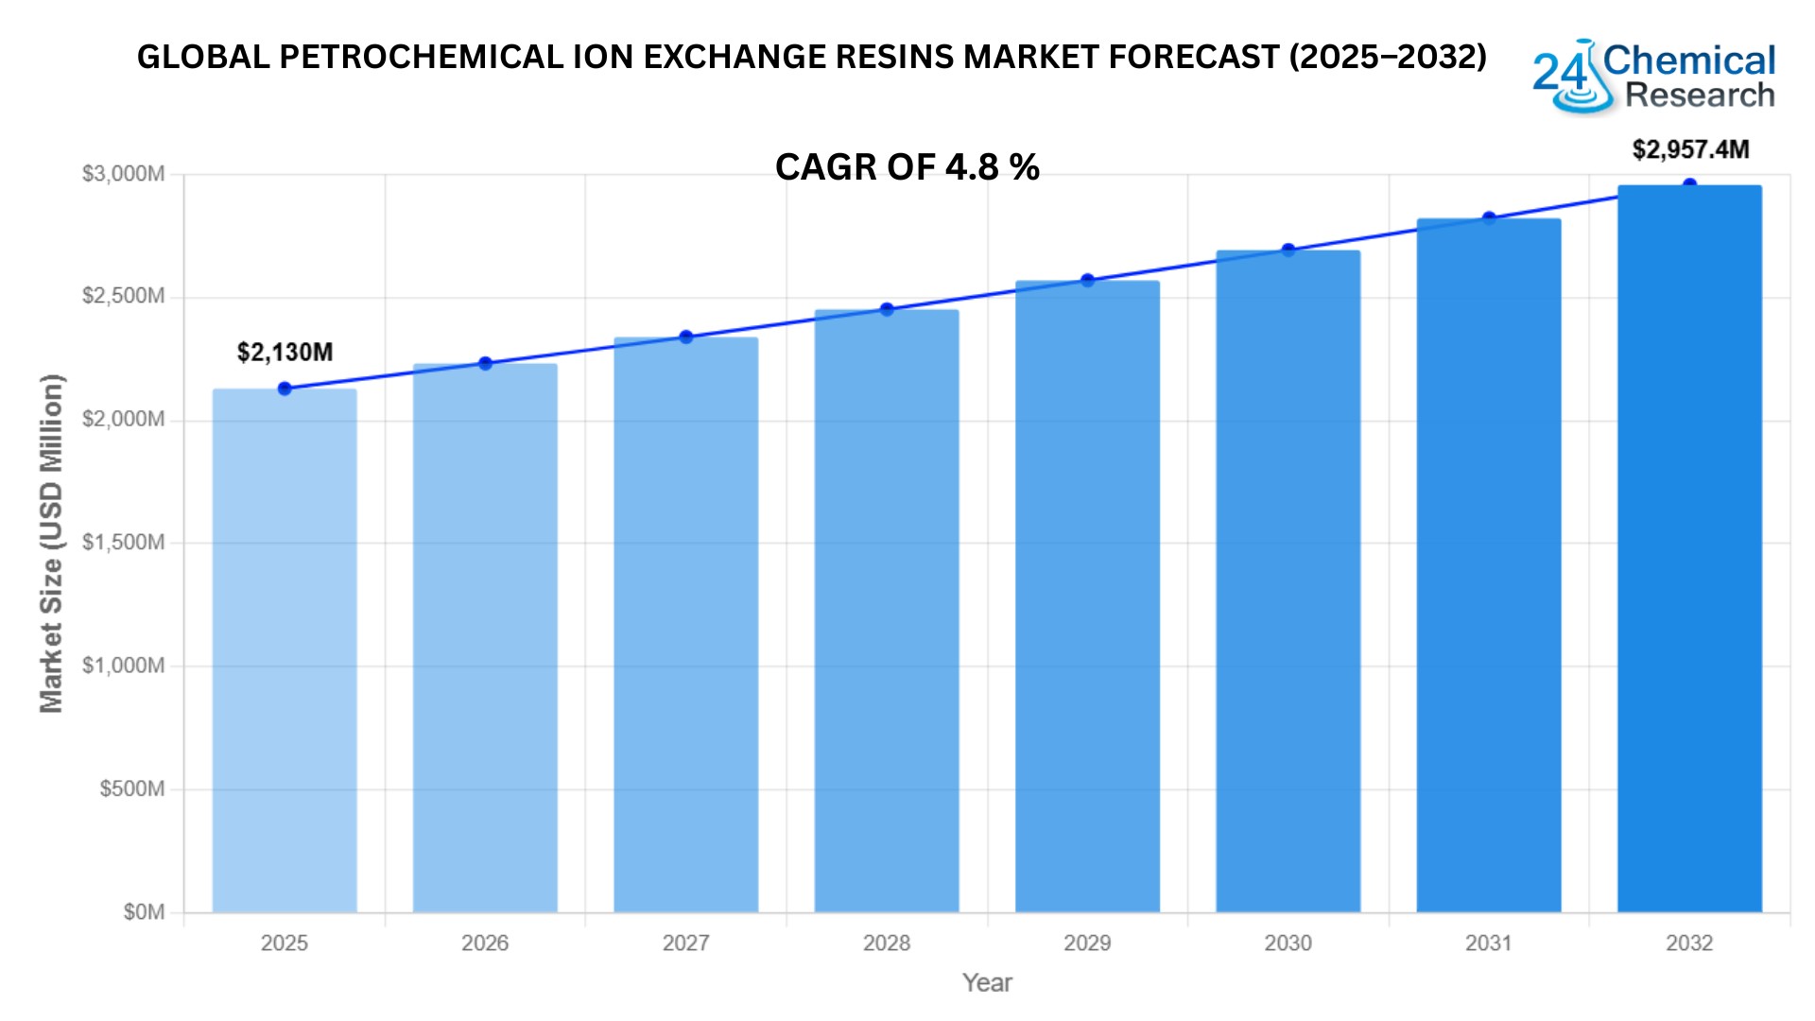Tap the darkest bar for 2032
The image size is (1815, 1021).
click(x=1689, y=548)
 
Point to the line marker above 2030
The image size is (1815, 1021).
click(x=1288, y=251)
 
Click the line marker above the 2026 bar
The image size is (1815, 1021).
click(x=485, y=364)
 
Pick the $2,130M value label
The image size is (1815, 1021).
click(x=285, y=353)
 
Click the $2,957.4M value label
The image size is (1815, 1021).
click(x=1690, y=149)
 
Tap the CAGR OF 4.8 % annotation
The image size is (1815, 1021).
click(x=907, y=167)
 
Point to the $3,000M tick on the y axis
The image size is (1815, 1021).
click(x=123, y=174)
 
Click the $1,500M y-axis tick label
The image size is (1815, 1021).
click(x=123, y=543)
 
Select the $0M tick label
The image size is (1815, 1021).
click(x=144, y=912)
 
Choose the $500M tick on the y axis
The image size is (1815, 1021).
click(x=132, y=789)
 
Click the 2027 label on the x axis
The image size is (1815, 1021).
click(x=685, y=943)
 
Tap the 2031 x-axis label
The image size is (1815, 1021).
click(x=1488, y=943)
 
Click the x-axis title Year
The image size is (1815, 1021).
click(x=987, y=983)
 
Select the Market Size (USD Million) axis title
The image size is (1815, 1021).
click(x=51, y=544)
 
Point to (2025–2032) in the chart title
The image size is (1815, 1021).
click(x=1388, y=58)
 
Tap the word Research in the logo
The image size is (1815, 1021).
click(x=1700, y=95)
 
